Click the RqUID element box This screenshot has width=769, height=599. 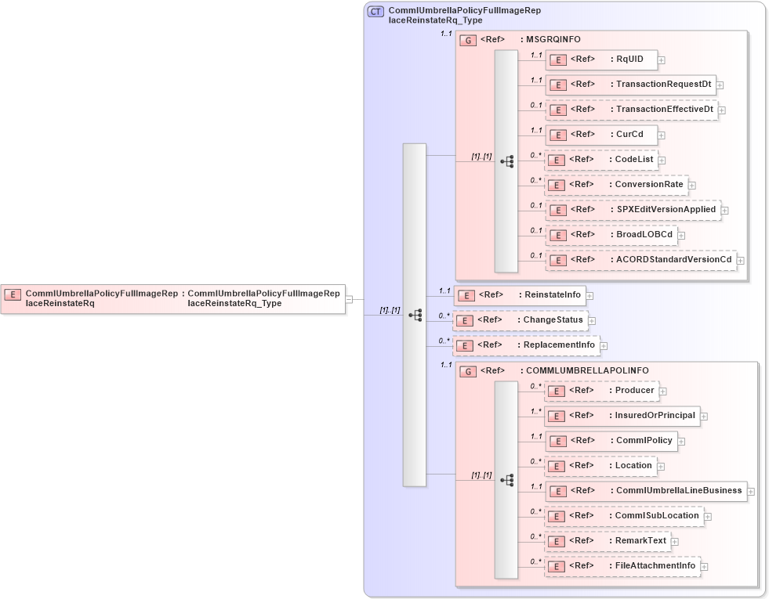coord(600,60)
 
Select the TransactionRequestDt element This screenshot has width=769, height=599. coord(630,85)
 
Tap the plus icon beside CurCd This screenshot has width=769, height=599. coord(662,135)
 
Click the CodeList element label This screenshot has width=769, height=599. coord(634,159)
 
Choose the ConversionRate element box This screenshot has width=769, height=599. coord(616,185)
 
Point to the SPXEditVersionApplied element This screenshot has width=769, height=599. coord(633,210)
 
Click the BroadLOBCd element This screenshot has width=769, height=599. coord(611,235)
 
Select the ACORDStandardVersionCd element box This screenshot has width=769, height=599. coord(640,260)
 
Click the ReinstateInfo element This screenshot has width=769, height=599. coord(521,295)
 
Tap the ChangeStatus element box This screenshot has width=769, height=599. coord(520,320)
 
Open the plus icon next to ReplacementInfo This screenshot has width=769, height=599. coord(604,345)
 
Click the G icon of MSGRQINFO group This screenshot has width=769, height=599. coord(468,40)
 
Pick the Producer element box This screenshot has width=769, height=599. coord(600,391)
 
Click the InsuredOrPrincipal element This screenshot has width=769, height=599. coord(622,416)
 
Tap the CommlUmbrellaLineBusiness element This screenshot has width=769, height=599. coord(645,491)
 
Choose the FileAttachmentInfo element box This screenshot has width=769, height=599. coord(622,566)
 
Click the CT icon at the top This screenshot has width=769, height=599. coord(375,11)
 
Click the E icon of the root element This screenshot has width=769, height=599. coord(13,294)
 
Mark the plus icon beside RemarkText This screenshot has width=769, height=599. coord(675,541)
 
